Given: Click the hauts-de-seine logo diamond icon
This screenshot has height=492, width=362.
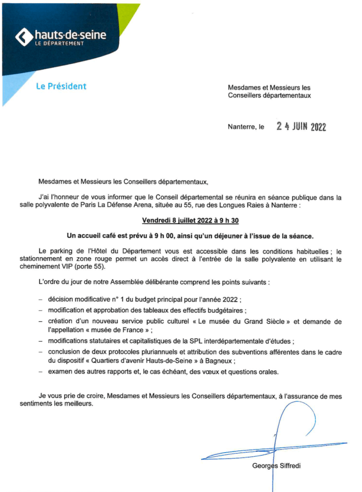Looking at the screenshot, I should point(25,37).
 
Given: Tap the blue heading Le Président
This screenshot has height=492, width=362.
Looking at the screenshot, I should point(61,87).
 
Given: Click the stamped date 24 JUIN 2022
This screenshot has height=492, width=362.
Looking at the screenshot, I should point(301,127).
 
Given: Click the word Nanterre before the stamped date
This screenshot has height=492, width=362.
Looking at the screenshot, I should point(242,128).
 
